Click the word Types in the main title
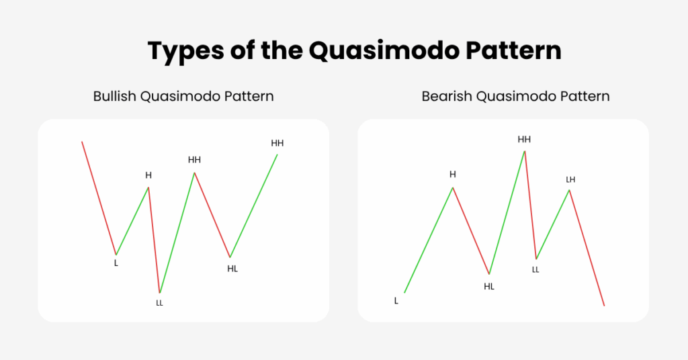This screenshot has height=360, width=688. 186,51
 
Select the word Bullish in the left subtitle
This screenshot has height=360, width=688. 114,96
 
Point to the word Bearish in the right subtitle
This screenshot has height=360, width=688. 447,96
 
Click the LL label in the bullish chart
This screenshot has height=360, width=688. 160,303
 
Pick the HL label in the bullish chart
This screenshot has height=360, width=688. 232,269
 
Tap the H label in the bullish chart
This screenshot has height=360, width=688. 148,175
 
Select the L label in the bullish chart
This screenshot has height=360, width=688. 116,263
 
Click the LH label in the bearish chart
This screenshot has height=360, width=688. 570,180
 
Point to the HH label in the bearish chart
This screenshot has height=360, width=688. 524,140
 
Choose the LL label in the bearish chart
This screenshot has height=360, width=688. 535,270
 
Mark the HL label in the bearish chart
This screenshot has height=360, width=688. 489,287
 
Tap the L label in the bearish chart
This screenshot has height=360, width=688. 396,301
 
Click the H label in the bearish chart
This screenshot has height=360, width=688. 453,175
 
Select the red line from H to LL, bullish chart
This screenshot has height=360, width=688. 154,240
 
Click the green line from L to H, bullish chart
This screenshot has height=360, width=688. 132,221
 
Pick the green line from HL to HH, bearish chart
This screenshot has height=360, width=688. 507,213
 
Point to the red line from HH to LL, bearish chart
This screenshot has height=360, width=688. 531,206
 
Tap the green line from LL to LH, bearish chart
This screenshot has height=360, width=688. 553,224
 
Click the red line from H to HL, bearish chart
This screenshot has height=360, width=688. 471,231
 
